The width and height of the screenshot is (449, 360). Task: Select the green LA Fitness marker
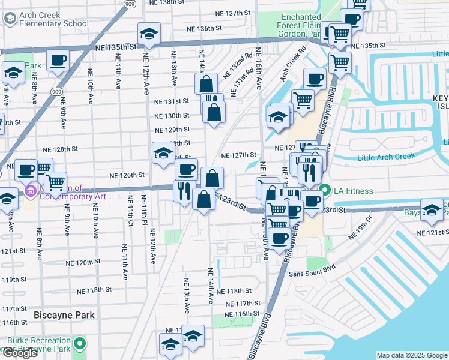(325, 191)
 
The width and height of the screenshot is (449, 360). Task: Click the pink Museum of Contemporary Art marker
(29, 191)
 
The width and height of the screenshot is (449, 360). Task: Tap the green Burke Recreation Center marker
(79, 344)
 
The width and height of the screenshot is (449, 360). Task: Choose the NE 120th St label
(80, 262)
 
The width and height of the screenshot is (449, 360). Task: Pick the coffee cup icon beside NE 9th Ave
(58, 61)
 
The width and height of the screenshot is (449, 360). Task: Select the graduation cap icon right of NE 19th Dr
(431, 209)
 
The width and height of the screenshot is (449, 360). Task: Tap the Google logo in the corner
(20, 353)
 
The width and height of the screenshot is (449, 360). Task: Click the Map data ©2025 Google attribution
(411, 355)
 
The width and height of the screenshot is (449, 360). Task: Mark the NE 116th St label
(242, 314)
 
